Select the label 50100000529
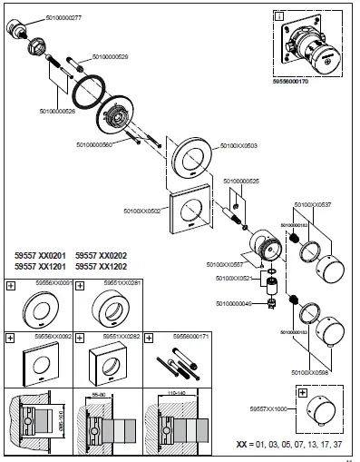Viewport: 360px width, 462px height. (110, 57)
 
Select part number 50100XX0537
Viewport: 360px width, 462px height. (312, 206)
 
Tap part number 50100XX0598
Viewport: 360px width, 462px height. (311, 372)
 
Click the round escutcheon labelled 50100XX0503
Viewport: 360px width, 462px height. (192, 161)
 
